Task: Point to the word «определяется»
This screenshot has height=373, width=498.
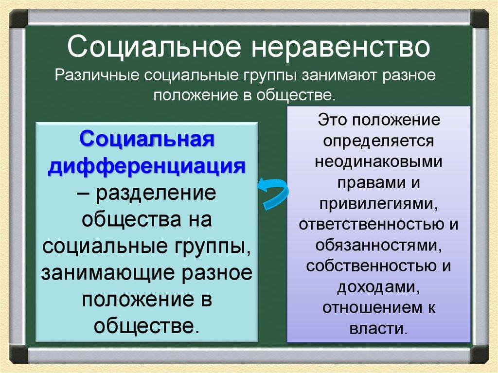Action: point(379,141)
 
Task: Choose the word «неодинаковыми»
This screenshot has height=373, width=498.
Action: point(379,162)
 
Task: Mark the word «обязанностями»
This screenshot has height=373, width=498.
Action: point(377,245)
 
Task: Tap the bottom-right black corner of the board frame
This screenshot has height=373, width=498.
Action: point(479,354)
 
